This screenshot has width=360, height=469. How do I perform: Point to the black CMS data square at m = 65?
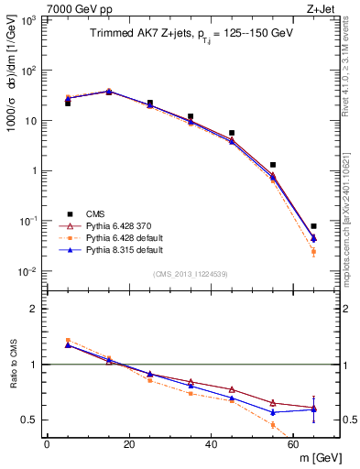pyautogui.click(x=313, y=226)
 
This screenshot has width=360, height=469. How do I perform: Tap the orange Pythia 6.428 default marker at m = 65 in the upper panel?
pyautogui.click(x=313, y=251)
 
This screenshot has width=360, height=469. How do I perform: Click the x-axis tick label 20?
pyautogui.click(x=128, y=444)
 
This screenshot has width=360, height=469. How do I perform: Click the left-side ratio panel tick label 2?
pyautogui.click(x=34, y=310)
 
